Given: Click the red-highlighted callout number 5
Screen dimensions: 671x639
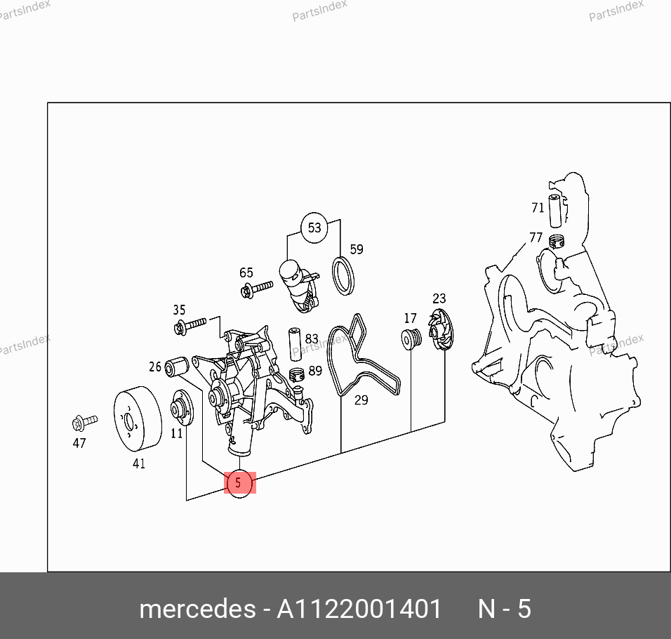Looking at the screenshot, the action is coord(239,483).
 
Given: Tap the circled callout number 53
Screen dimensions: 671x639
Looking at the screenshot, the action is coord(314,228).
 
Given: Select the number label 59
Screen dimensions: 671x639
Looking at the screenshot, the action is coord(357,249).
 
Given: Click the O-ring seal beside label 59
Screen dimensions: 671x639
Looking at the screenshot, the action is coord(343,276).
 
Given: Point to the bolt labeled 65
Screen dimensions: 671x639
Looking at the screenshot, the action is coord(256,289).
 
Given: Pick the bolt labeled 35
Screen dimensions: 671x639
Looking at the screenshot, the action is coord(190,326).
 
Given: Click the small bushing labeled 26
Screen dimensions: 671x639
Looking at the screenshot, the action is coord(177,367).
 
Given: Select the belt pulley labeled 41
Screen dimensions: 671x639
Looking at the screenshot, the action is coord(138,419).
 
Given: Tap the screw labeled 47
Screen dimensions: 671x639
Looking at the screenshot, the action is coord(85,423).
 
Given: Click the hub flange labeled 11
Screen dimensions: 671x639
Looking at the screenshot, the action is coord(182,408).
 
